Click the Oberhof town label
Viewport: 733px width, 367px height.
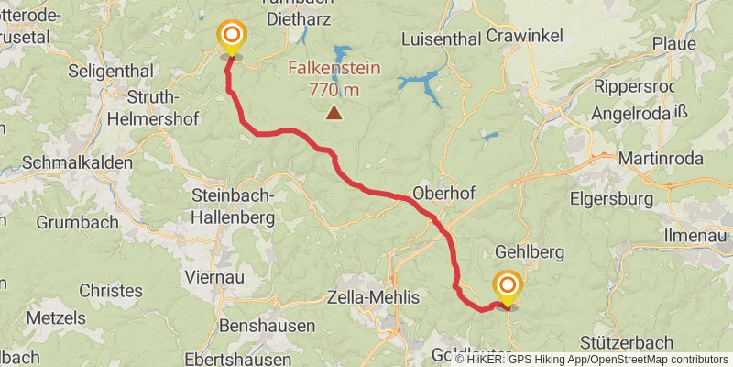(442, 194)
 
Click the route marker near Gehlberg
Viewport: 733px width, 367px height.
(507, 285)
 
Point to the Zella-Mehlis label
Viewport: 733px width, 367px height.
(373, 298)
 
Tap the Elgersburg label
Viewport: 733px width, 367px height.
(610, 198)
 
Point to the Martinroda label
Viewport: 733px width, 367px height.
(661, 160)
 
